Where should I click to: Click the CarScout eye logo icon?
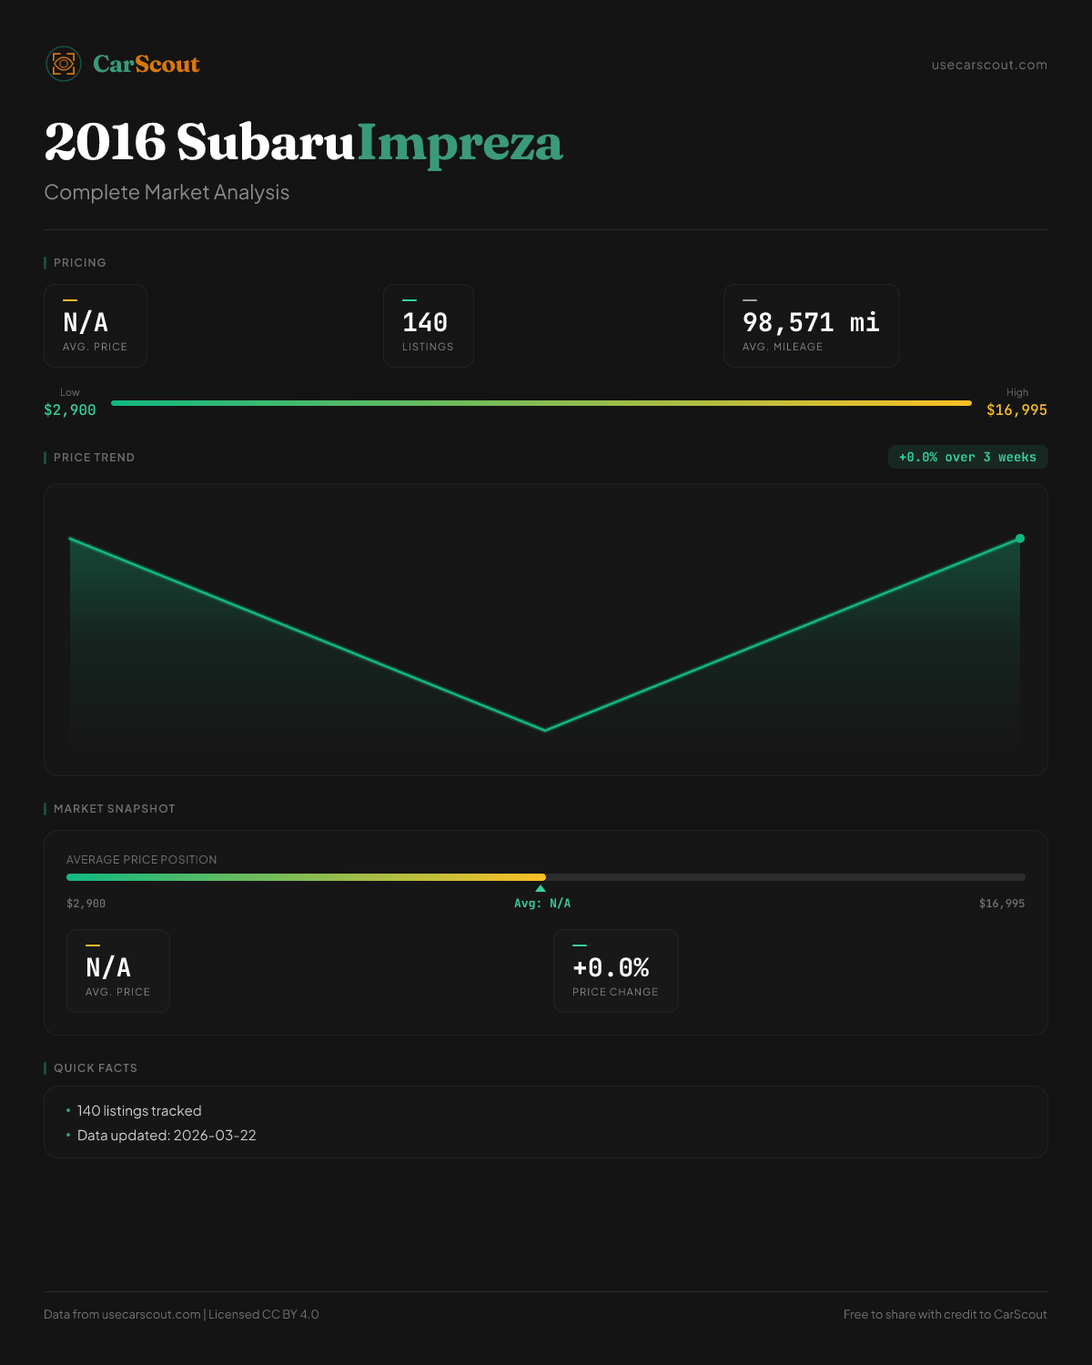64,64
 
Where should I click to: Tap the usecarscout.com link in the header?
989,65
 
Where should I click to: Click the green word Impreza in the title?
460,143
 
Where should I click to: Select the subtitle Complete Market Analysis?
167,192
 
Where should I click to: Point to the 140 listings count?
425,323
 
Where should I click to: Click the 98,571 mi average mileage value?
811,323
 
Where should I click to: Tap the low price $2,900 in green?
70,409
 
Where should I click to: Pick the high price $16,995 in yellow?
1016,409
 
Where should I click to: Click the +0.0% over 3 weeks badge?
967,457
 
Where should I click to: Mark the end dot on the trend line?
1020,539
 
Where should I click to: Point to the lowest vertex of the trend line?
545,730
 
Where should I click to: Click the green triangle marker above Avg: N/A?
541,888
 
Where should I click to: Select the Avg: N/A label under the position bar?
542,904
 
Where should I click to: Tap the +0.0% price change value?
611,967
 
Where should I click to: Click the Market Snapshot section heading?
114,808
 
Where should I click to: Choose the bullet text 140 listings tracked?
139,1110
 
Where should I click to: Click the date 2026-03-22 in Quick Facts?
215,1135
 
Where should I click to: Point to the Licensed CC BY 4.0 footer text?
264,1314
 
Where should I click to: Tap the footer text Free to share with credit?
945,1314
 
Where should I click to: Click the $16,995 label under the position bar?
1001,904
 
